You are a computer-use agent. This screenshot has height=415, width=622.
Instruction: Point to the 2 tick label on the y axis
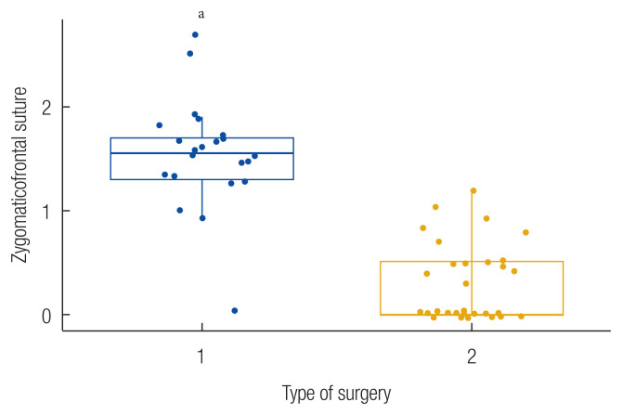44,108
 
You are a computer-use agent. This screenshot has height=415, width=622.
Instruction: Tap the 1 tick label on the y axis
44,211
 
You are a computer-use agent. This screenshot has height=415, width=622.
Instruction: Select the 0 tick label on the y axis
44,315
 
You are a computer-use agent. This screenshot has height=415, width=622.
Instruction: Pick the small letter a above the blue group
201,14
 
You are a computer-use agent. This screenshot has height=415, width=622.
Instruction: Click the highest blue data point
195,35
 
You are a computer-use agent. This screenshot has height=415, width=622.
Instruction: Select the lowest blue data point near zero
234,310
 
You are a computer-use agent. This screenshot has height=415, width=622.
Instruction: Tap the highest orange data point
473,190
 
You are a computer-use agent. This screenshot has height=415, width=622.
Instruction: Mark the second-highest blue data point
190,54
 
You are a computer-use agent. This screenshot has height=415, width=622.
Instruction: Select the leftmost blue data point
160,125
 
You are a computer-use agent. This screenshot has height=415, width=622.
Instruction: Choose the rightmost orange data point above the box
525,232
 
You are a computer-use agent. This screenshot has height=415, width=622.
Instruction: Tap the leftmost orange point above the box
423,227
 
